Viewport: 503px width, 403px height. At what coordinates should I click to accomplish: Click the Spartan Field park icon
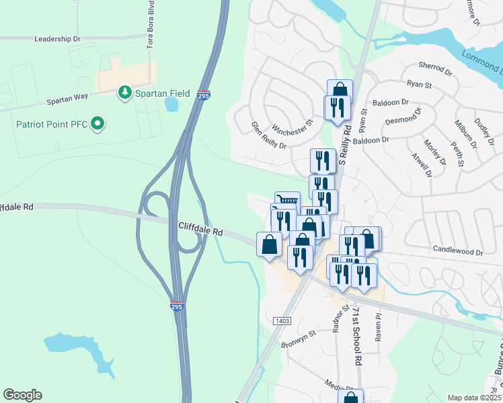pos(124,93)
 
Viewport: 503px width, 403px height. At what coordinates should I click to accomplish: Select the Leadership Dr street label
pos(57,39)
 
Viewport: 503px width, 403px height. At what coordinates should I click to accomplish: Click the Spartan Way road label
pos(67,97)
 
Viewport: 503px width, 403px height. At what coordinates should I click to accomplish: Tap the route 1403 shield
pos(282,322)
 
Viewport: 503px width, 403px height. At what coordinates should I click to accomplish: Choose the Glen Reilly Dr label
pos(269,136)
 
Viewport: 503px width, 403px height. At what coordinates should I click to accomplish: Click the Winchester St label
pos(293,126)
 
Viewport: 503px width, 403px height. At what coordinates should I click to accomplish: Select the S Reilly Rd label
pos(346,144)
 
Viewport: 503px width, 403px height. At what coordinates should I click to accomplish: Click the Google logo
pos(22,395)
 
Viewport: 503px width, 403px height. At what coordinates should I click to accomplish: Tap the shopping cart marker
pos(288,200)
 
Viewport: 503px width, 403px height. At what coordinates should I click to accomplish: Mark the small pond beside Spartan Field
pos(171,104)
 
